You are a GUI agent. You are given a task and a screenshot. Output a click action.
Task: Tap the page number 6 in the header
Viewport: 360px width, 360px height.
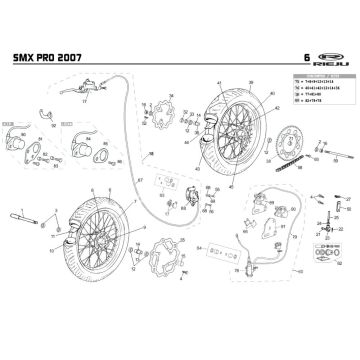click(292, 59)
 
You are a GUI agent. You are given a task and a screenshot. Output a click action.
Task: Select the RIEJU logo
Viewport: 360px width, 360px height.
click(330, 59)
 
